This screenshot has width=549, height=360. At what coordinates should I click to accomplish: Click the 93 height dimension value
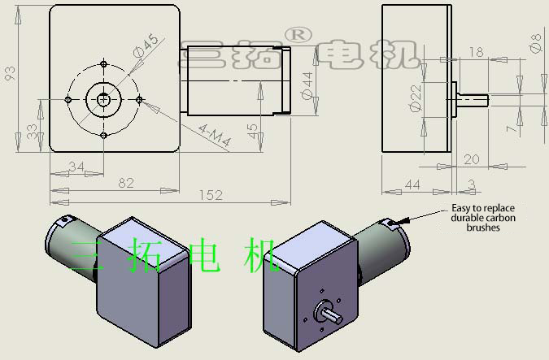click(10, 73)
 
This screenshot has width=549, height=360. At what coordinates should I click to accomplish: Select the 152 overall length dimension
click(211, 195)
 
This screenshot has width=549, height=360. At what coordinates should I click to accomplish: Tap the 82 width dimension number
click(126, 183)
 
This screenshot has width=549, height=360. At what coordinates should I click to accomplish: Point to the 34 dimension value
click(76, 166)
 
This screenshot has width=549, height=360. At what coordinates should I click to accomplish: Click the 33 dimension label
click(32, 132)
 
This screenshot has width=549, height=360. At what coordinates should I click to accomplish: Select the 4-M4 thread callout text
click(215, 136)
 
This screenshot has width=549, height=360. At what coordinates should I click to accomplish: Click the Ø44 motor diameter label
click(307, 85)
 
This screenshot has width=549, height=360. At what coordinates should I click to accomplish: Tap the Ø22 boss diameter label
click(416, 98)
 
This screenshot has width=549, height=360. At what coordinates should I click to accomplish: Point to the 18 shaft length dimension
click(476, 52)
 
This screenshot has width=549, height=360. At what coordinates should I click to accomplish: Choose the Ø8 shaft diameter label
click(536, 43)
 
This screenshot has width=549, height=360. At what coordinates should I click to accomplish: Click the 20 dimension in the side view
click(471, 159)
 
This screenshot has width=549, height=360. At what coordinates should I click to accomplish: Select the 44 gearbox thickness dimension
click(412, 184)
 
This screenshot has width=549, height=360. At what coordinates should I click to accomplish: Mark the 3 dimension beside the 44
click(472, 184)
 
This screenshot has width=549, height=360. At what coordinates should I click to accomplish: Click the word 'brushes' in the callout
click(483, 228)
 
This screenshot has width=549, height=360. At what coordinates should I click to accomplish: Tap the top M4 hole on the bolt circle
click(103, 64)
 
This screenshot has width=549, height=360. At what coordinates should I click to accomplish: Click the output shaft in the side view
click(473, 100)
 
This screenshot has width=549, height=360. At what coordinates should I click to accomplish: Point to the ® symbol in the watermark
click(298, 35)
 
